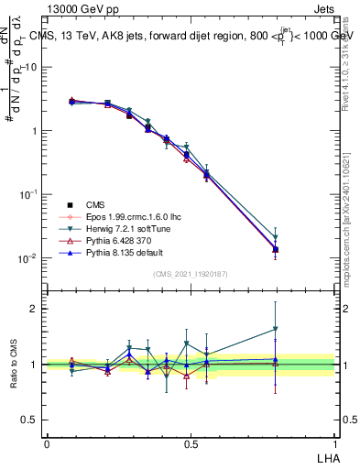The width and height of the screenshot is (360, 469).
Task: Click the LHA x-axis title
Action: pos(325,455)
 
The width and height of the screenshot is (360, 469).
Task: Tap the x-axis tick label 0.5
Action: pos(191,442)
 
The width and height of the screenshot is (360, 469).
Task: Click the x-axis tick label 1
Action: pos(334,442)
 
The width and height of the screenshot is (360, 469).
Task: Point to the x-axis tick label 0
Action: pos(47,442)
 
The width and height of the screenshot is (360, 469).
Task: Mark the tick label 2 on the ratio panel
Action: pos(34,309)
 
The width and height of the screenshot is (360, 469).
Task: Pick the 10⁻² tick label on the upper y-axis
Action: pos(28,258)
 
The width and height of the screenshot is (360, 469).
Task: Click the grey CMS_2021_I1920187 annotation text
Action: pos(191,274)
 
